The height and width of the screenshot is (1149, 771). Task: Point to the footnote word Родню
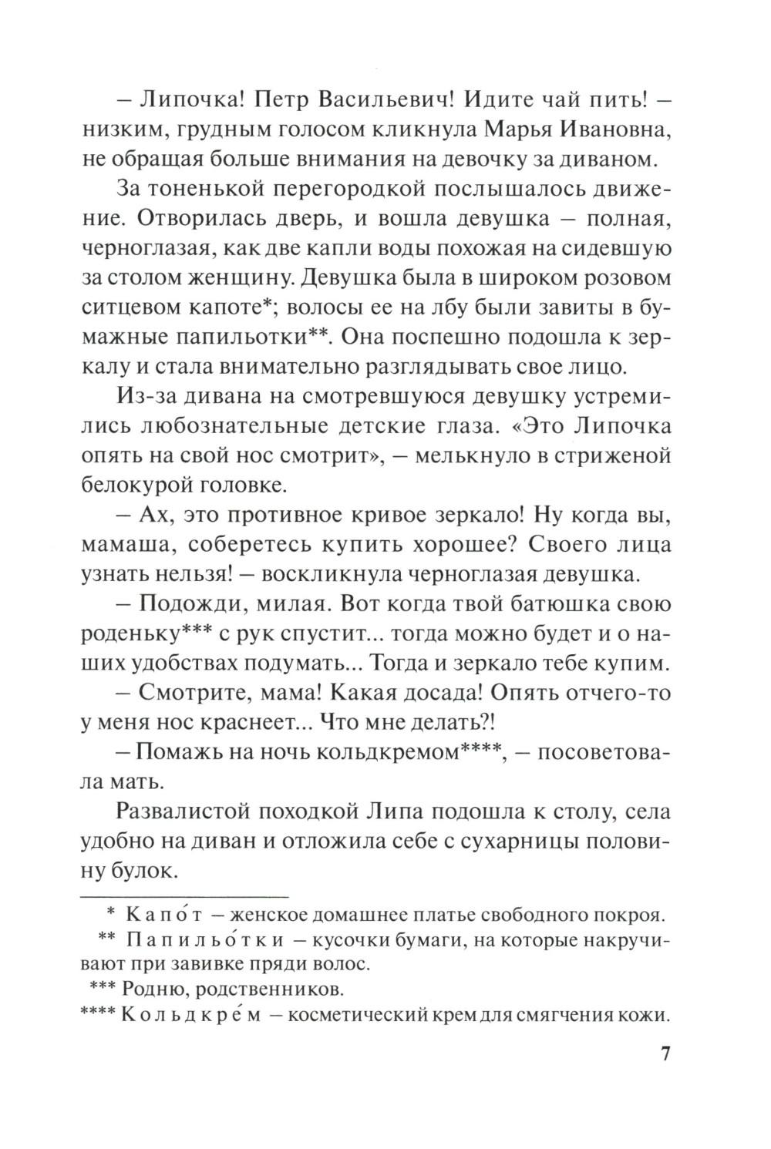point(153,988)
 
